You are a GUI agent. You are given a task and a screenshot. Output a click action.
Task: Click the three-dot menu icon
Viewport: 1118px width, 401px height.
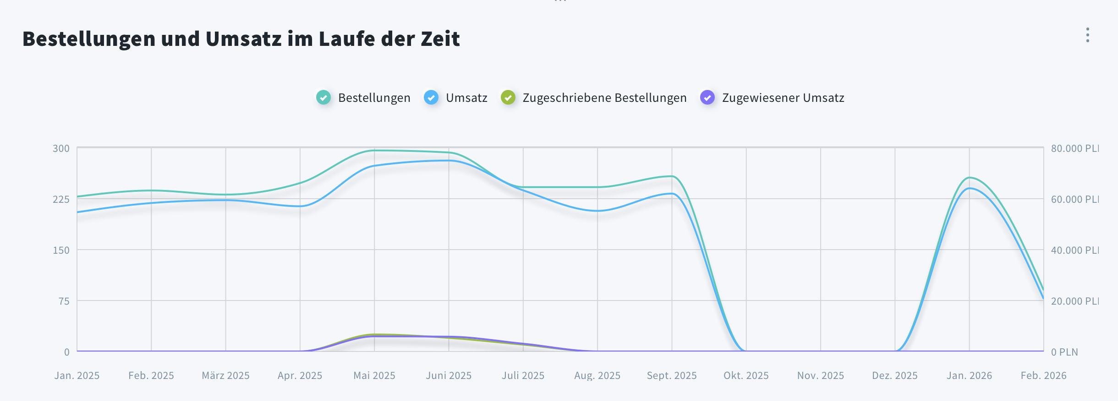tap(1087, 35)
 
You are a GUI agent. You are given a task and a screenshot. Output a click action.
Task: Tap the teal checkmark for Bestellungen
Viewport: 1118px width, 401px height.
tap(323, 97)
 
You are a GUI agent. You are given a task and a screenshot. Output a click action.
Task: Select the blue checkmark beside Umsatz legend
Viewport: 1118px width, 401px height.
tap(431, 97)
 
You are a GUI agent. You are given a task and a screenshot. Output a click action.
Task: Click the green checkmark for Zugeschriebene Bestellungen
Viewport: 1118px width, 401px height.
tap(508, 97)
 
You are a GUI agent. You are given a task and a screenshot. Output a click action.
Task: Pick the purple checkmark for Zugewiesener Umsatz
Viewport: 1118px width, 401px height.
tap(707, 97)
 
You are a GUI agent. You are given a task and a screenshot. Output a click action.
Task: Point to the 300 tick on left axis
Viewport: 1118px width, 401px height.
tap(61, 148)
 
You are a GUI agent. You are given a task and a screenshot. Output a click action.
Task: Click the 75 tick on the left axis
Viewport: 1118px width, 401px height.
tap(64, 301)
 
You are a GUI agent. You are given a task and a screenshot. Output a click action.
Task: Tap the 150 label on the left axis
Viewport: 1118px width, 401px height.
tap(61, 250)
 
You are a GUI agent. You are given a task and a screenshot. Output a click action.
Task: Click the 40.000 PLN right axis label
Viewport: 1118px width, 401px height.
tap(1074, 250)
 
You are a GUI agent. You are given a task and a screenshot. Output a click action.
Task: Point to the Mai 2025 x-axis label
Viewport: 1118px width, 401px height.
tap(374, 375)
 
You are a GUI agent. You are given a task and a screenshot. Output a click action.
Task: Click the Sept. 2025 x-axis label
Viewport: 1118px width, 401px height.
tap(671, 375)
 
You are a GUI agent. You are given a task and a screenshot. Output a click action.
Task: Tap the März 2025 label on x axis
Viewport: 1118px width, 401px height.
tap(225, 375)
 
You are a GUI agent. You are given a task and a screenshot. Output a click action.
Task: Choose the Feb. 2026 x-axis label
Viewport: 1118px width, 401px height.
tap(1043, 375)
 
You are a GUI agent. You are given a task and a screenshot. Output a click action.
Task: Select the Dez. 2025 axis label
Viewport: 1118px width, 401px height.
tap(894, 375)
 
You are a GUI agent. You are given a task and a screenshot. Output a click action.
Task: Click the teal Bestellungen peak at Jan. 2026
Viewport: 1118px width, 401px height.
tap(970, 177)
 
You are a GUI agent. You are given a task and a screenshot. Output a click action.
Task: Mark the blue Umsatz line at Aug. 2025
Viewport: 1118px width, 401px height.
tap(597, 211)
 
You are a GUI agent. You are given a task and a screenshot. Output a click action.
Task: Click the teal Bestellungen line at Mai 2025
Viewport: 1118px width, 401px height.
tap(374, 150)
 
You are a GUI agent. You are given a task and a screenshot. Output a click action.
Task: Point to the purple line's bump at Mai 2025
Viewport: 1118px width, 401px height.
tap(374, 336)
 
